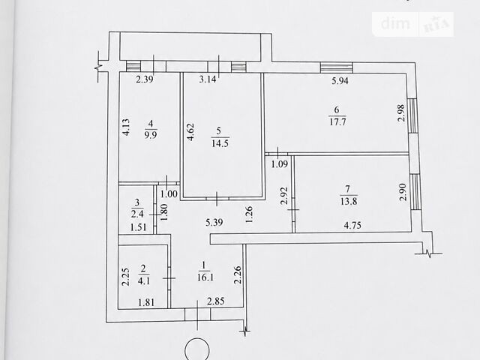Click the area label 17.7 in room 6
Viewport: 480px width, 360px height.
point(337,121)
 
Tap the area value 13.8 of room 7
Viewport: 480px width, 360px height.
point(349,202)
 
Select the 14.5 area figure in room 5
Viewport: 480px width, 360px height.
point(220,143)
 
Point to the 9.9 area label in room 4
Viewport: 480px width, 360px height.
point(151,135)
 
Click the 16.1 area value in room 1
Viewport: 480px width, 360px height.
point(205,277)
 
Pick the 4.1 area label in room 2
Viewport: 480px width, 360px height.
point(143,280)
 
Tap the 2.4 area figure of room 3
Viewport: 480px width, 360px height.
point(137,214)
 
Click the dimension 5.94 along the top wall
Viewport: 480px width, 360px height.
point(340,81)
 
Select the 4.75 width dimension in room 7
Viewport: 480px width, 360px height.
point(352,226)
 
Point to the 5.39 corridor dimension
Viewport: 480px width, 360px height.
point(214,222)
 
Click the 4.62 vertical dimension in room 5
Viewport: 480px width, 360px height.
point(190,132)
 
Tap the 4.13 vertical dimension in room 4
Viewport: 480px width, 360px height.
point(126,127)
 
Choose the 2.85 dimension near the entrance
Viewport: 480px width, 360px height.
point(216,301)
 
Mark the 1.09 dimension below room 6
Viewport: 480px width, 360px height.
point(280,164)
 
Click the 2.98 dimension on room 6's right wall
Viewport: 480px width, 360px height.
point(401,113)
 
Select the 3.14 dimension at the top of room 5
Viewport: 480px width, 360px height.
point(208,79)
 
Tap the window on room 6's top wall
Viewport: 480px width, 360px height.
point(337,67)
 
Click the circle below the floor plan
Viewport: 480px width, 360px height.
point(197,349)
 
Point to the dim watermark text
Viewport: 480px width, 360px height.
point(395,23)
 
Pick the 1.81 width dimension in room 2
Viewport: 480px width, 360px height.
point(146,303)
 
